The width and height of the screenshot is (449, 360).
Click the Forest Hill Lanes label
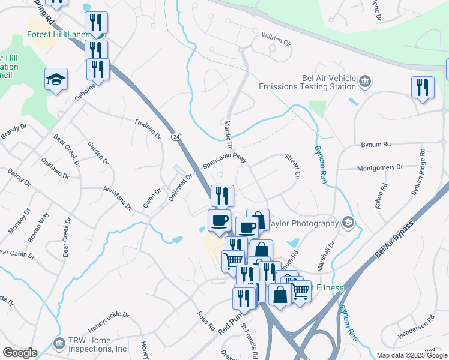(x=58, y=34)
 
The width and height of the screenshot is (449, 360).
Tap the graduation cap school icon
(x=56, y=79)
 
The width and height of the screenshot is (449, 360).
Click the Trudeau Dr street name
(x=148, y=128)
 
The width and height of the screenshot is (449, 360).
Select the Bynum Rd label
(x=376, y=145)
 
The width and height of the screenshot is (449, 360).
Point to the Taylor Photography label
(x=303, y=223)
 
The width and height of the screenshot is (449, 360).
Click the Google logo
(x=20, y=352)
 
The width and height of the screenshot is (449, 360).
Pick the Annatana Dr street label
(x=118, y=197)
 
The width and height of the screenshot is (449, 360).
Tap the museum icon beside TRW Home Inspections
(x=59, y=344)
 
